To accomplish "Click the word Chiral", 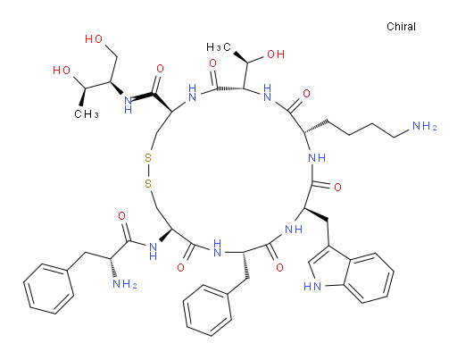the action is [401, 27].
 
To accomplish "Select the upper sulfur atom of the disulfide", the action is [148, 157].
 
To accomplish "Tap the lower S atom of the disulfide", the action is [148, 183].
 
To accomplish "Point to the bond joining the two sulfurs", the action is [148, 171].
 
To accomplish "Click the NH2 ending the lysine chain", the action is [425, 126].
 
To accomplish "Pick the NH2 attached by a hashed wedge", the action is [125, 283].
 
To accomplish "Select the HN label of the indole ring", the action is [312, 287].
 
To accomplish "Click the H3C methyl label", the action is [219, 47].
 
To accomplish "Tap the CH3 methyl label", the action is [87, 114].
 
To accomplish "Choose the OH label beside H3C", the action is [276, 54].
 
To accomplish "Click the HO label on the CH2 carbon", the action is [94, 39].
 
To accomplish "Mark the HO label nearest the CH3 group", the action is [62, 71].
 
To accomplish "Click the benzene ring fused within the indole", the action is [368, 278].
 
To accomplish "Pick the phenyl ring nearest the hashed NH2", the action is [49, 289].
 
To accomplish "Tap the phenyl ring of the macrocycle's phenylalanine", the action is [207, 310].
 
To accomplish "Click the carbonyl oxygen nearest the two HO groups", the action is [160, 69].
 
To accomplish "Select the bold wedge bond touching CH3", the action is [83, 96].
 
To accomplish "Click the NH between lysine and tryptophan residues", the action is [317, 157].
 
